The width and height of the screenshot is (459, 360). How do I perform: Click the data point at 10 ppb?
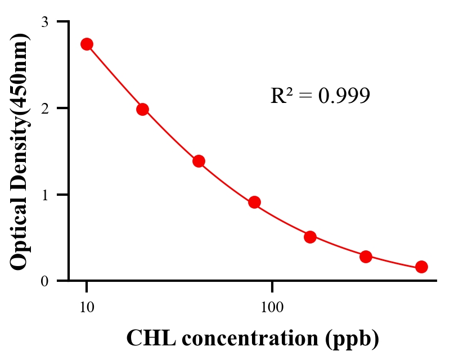(x=87, y=44)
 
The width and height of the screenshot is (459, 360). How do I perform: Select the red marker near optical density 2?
(x=142, y=109)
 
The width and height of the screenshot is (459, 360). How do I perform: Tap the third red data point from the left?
(x=199, y=161)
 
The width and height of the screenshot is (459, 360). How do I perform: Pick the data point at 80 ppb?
(x=254, y=202)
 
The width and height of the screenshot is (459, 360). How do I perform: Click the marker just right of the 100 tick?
(x=310, y=237)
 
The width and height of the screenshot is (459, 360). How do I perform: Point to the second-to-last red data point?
(x=366, y=256)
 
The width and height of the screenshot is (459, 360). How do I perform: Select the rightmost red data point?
(x=421, y=267)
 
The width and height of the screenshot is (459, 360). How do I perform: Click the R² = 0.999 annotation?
(x=320, y=96)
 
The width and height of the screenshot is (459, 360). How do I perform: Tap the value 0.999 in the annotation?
(x=344, y=96)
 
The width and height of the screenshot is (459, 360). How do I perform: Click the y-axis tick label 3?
(x=44, y=22)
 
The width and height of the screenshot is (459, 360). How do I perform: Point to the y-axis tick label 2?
(x=44, y=108)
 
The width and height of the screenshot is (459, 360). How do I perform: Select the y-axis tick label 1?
(x=44, y=195)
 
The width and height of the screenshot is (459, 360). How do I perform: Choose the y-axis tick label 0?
(x=44, y=281)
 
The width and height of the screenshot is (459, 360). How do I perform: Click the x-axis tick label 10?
(x=87, y=307)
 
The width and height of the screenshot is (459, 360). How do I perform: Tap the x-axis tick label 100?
(x=272, y=307)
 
